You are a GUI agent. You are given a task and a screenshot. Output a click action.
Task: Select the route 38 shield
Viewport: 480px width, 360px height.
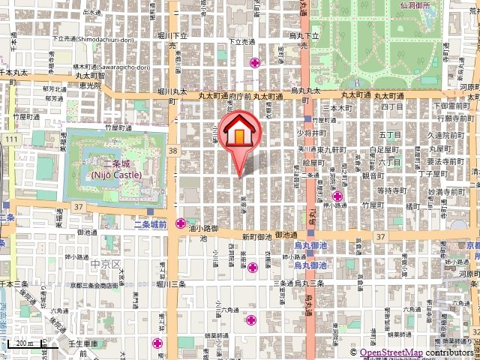[x=174, y=151]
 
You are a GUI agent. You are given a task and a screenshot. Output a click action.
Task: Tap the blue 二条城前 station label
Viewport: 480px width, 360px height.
[x=149, y=224]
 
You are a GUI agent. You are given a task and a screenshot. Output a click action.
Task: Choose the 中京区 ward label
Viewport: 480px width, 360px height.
[x=105, y=264]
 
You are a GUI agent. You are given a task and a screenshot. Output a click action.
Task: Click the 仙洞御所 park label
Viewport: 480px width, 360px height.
[x=420, y=4]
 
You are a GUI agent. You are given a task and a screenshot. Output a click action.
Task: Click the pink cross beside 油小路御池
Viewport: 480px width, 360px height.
[x=181, y=223]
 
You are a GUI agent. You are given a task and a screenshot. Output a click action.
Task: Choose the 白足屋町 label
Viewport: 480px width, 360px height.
[x=383, y=149]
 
